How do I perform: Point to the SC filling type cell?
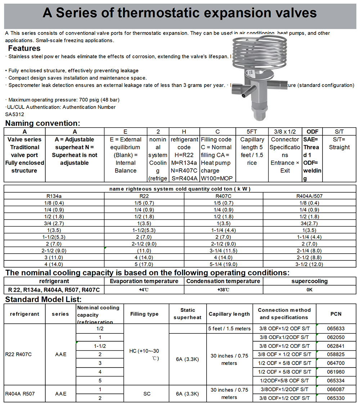point(147,393)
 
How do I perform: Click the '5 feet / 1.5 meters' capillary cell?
point(229,328)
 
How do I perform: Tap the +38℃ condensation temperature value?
point(223,290)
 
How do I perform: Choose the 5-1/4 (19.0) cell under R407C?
point(223,264)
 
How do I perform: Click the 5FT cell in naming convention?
point(252,132)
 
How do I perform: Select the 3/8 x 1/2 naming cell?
point(285,132)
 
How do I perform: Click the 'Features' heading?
point(24,48)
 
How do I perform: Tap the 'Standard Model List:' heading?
point(43,299)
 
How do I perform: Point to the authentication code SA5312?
point(14,114)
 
